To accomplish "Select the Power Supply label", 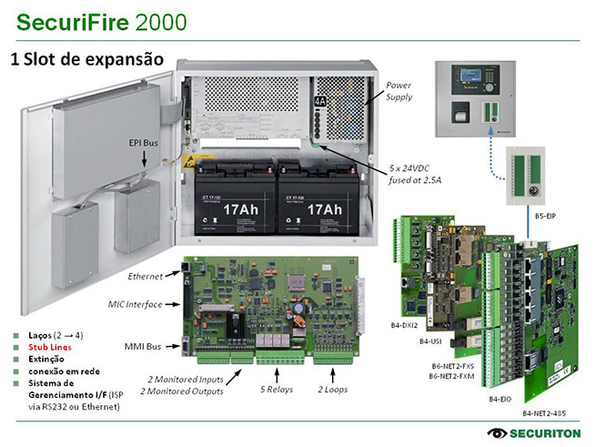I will [x=399, y=90].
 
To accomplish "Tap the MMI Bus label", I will [x=142, y=348].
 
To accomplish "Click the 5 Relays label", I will [x=277, y=389].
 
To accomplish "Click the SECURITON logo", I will [x=531, y=432].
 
